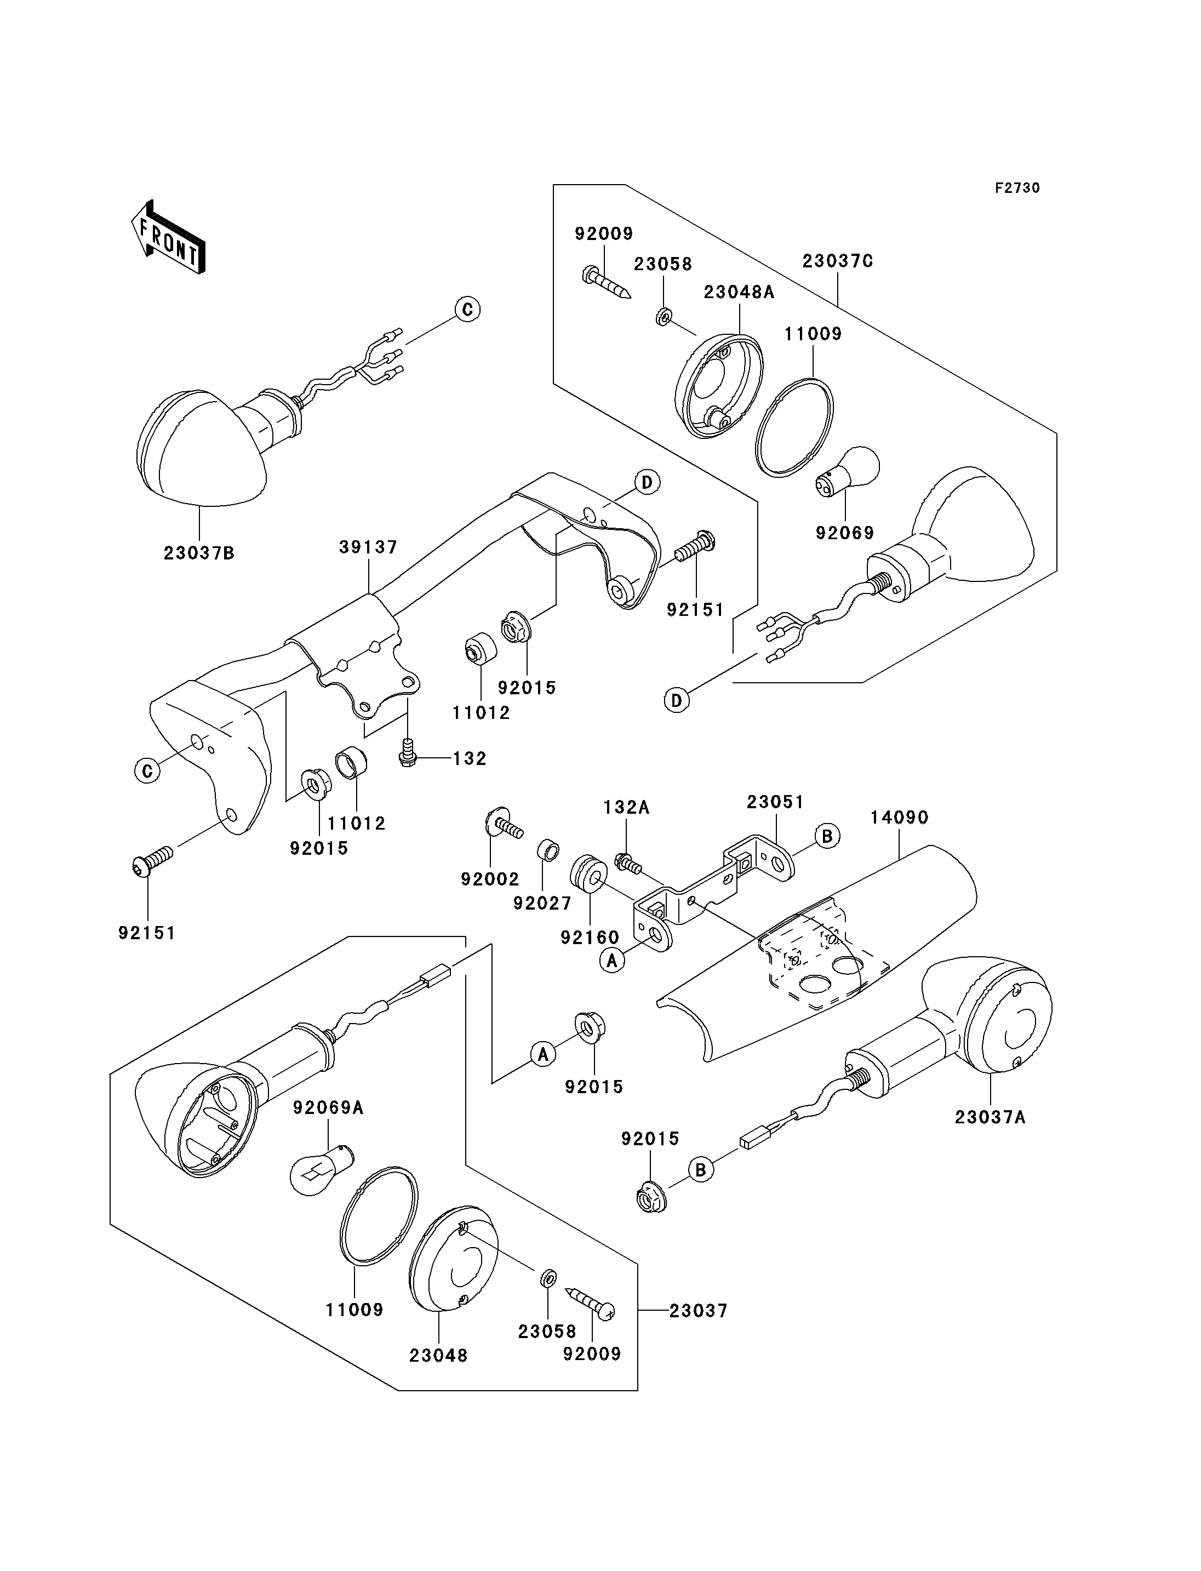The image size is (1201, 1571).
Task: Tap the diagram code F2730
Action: coord(1017,188)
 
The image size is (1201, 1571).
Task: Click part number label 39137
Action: coord(368,547)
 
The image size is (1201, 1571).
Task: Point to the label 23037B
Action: coord(199,553)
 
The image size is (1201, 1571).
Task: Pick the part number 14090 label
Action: coord(899,818)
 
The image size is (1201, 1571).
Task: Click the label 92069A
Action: coord(328,1107)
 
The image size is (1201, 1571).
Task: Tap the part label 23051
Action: coord(776,802)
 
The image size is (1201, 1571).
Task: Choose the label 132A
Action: coord(626,807)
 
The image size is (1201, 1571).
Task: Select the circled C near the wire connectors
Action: coord(467,310)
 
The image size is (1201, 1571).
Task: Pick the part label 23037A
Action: coord(990,1116)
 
